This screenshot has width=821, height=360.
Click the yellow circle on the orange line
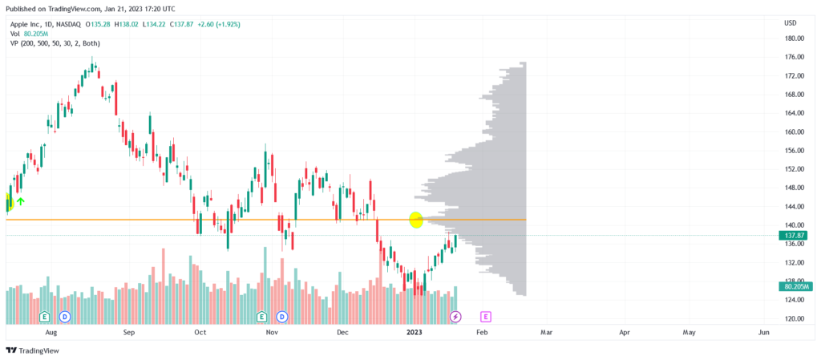pyautogui.click(x=416, y=219)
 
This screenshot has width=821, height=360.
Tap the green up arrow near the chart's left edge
pyautogui.click(x=21, y=200)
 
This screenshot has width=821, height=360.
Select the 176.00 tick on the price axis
pyautogui.click(x=795, y=57)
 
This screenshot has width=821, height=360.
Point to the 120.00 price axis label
pyautogui.click(x=795, y=318)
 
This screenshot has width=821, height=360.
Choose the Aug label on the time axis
pyautogui.click(x=52, y=331)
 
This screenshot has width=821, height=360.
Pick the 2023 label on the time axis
pyautogui.click(x=415, y=331)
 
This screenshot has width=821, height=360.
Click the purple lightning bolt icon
pyautogui.click(x=455, y=317)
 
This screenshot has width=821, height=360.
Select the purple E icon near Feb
pyautogui.click(x=485, y=317)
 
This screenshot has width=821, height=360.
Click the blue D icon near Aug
pyautogui.click(x=65, y=317)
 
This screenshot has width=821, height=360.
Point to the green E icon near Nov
pyautogui.click(x=261, y=317)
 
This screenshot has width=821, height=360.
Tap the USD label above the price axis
pyautogui.click(x=791, y=22)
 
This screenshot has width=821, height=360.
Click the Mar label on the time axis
pyautogui.click(x=547, y=331)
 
